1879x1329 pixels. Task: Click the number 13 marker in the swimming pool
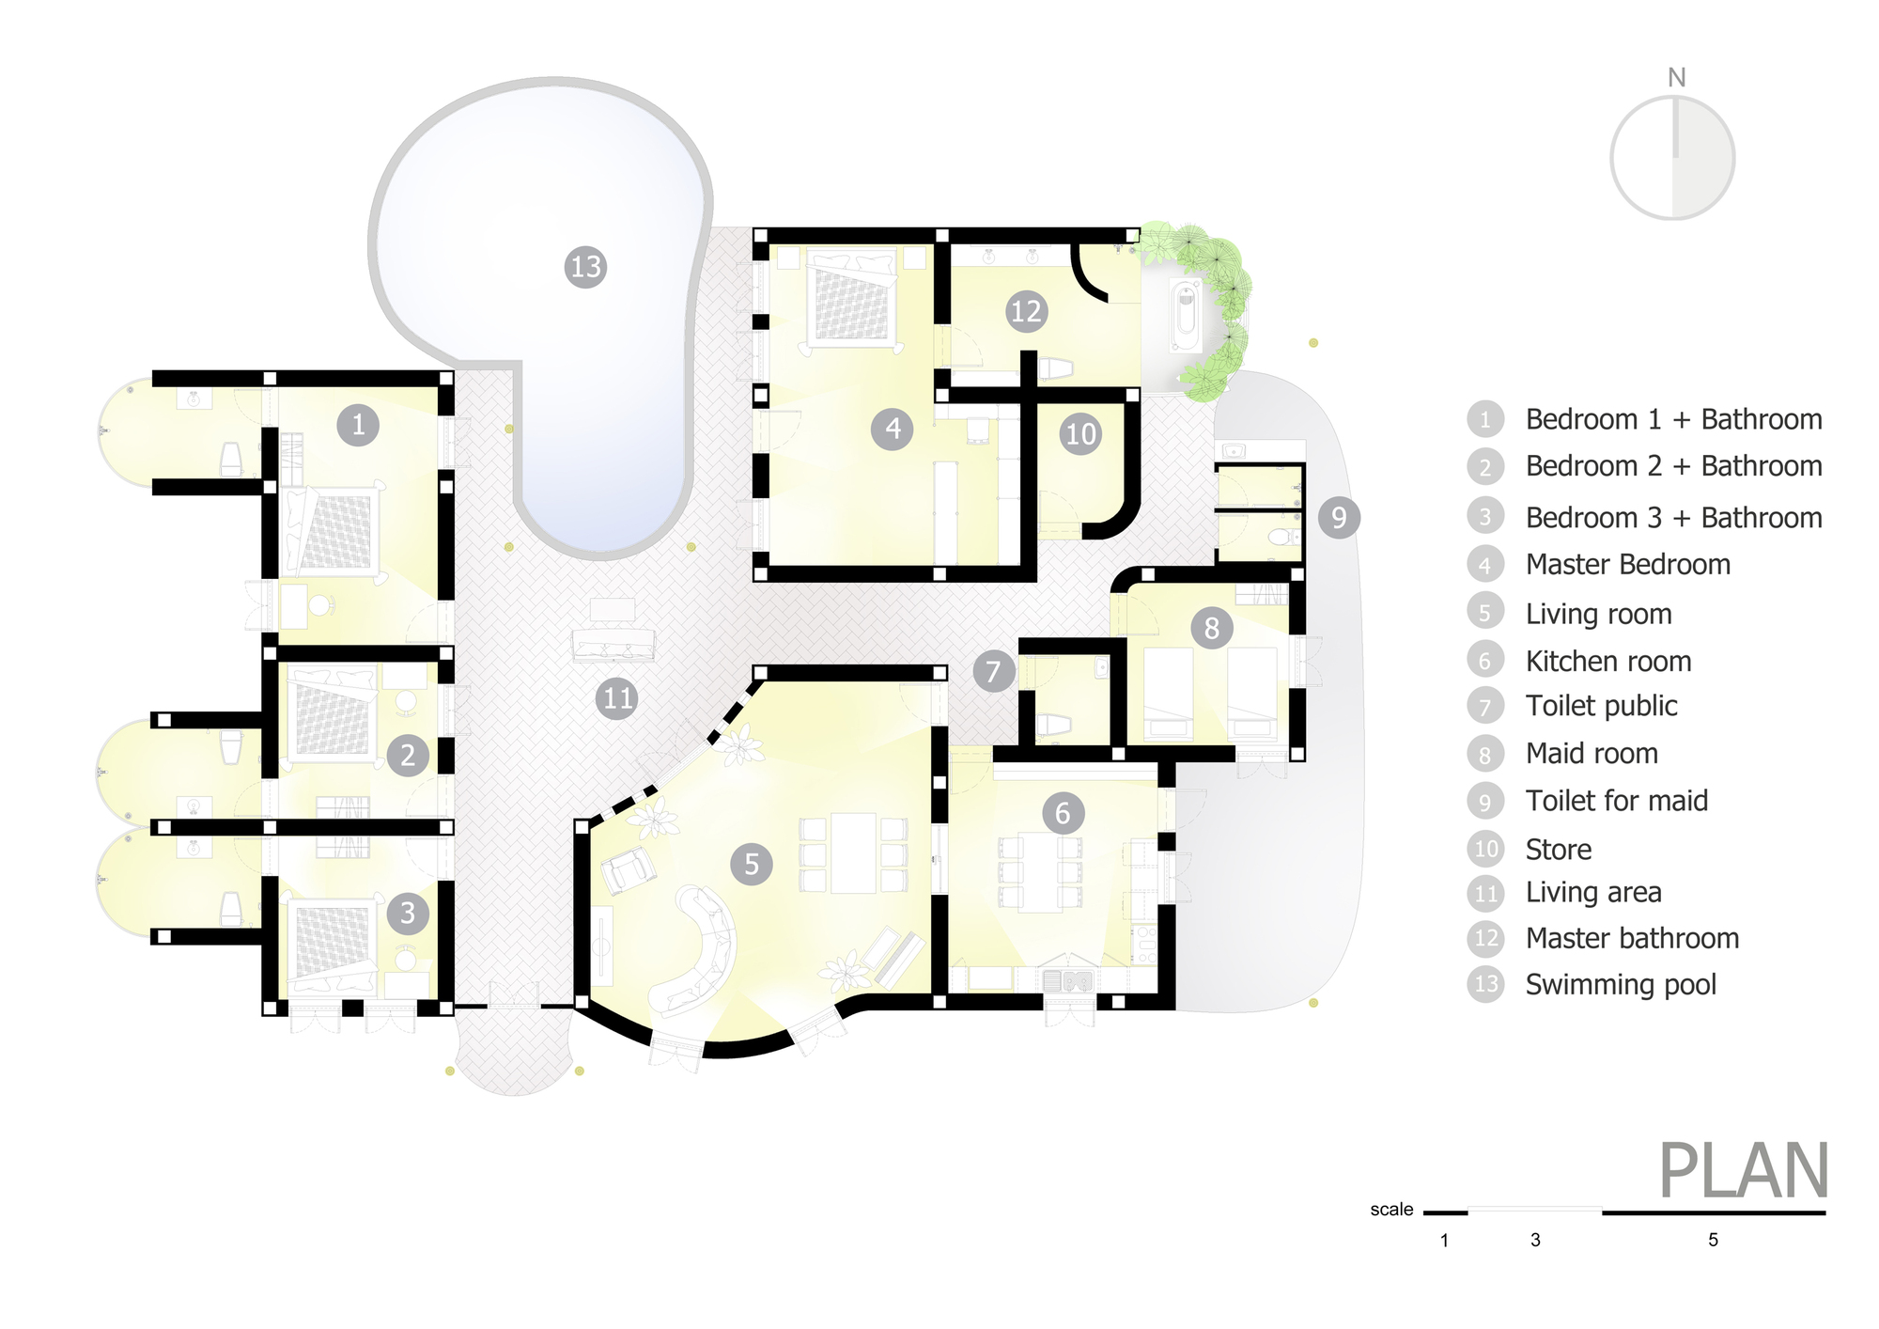pos(585,267)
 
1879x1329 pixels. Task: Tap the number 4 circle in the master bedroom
pos(892,430)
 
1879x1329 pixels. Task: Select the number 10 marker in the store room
pos(1080,434)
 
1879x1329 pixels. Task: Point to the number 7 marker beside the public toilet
pos(993,671)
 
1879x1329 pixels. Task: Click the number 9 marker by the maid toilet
pos(1339,517)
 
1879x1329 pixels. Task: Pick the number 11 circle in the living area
pos(617,698)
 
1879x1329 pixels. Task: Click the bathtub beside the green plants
pos(1186,314)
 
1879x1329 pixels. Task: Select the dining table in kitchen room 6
pos(1040,871)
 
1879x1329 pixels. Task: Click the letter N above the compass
pos(1676,78)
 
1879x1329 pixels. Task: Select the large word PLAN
pos(1743,1171)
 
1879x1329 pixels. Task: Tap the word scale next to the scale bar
pos(1391,1210)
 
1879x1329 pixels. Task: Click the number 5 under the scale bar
pos(1713,1240)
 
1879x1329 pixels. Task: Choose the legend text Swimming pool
pos(1621,984)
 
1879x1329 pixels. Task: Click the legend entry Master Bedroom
pos(1627,564)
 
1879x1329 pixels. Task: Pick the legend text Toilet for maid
pos(1616,801)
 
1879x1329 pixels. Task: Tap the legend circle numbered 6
pos(1485,661)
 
